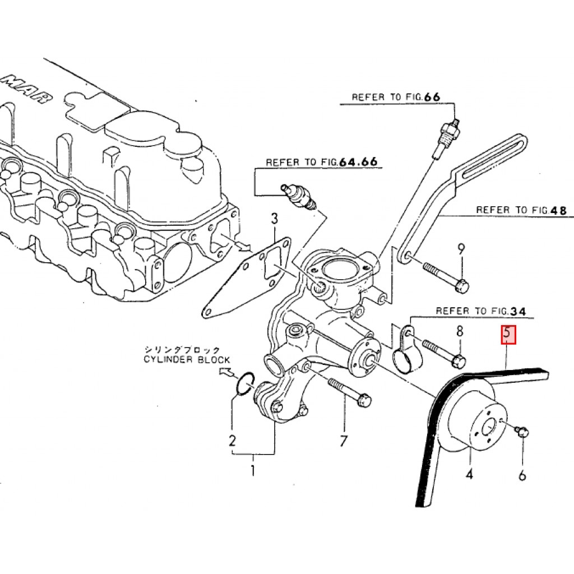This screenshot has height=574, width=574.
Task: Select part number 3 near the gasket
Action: [274, 219]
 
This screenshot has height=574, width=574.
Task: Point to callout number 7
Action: [344, 441]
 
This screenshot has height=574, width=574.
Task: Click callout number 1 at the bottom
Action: [253, 470]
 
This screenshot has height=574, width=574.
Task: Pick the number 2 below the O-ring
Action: [233, 441]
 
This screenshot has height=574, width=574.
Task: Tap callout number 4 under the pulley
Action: [469, 475]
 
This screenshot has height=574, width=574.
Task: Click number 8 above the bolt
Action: [460, 331]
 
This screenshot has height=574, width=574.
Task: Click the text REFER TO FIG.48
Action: [521, 210]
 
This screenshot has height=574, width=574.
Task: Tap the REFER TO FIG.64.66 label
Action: [321, 162]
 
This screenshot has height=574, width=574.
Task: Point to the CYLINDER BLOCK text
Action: [186, 360]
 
